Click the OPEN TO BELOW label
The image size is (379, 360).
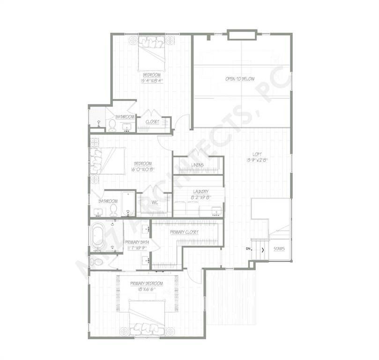click(240, 79)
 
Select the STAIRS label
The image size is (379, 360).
click(279, 249)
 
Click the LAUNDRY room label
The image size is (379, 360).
click(200, 191)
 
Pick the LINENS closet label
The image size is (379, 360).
click(197, 165)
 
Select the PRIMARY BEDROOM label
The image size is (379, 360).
click(147, 284)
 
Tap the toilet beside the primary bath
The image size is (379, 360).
click(96, 262)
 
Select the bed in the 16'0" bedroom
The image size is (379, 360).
click(107, 161)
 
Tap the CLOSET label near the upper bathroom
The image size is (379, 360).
click(152, 122)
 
